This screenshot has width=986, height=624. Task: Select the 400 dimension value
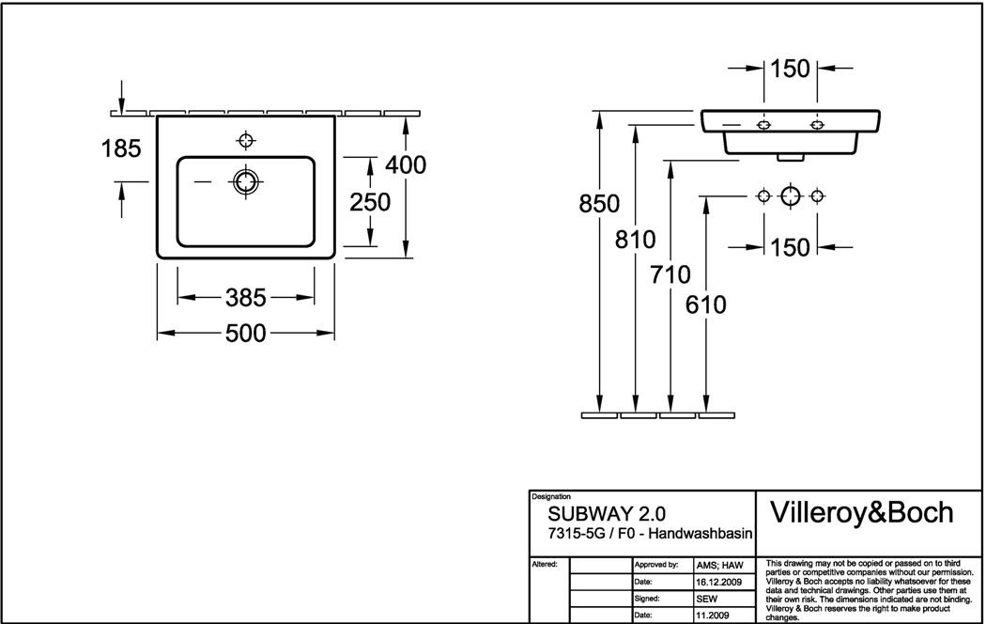pos(406,164)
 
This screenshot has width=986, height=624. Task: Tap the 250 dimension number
pos(370,202)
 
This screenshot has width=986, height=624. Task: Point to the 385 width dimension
pos(246,298)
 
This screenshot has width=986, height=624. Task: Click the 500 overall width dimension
pos(246,333)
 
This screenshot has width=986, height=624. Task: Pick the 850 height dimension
pos(598,204)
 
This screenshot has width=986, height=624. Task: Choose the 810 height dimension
pos(636,240)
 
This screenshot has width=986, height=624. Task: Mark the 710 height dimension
pos(670,275)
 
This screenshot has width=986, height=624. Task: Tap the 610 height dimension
pos(705,304)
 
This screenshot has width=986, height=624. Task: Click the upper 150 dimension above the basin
pos(790,69)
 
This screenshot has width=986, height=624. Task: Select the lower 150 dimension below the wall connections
pos(790,247)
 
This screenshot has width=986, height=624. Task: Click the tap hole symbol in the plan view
pos(246,141)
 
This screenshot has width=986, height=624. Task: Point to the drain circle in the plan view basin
pos(246,181)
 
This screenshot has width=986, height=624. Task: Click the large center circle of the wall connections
pos(790,195)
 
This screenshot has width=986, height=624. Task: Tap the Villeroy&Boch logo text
pos(861,512)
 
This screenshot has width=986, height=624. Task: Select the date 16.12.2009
pos(719,583)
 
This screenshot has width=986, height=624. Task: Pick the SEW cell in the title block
pos(706,599)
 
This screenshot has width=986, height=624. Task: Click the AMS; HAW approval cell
pos(719,565)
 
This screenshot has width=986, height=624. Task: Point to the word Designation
pos(551,496)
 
